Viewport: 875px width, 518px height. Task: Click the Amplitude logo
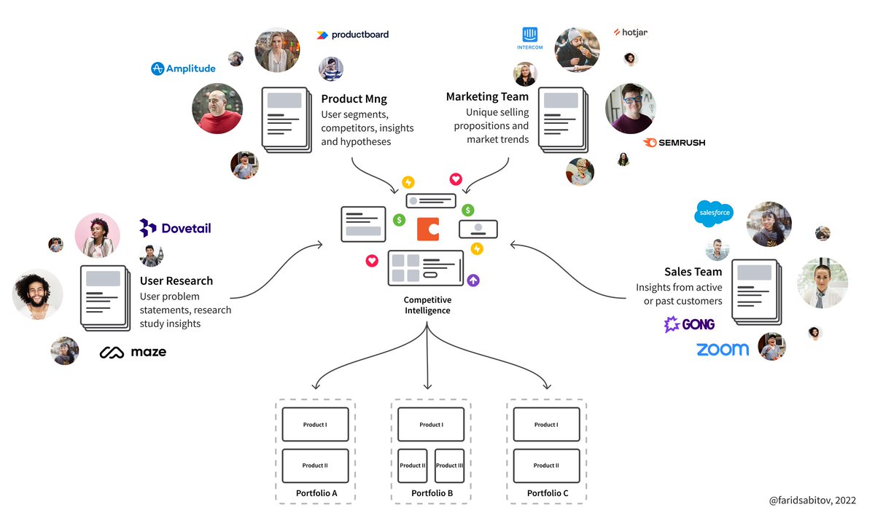pos(183,68)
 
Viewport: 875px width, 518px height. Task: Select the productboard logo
pos(352,34)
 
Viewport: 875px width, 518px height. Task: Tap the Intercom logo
pos(529,37)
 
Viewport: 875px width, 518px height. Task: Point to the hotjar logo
pos(630,32)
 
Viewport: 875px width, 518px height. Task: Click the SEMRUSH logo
pos(674,142)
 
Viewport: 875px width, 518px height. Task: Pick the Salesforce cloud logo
pos(713,212)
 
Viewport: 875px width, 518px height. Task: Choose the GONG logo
pos(689,324)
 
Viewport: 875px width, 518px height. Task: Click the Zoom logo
pos(722,350)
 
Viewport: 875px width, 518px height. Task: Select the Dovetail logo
pos(175,228)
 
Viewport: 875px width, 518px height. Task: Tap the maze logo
pos(133,353)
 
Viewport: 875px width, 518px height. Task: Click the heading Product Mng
pos(354,98)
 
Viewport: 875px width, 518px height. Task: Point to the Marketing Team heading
pos(487,96)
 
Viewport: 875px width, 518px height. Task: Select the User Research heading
pos(176,280)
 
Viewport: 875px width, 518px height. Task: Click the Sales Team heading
pos(693,272)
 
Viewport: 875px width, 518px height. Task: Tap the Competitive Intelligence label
pos(427,305)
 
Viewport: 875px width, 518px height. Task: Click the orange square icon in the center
pos(428,229)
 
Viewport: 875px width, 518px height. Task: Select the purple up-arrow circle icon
pos(473,280)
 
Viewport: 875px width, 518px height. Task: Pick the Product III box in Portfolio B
pos(449,466)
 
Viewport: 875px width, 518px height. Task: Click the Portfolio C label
pos(547,493)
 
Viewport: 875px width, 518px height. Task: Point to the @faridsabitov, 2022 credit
pos(812,501)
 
